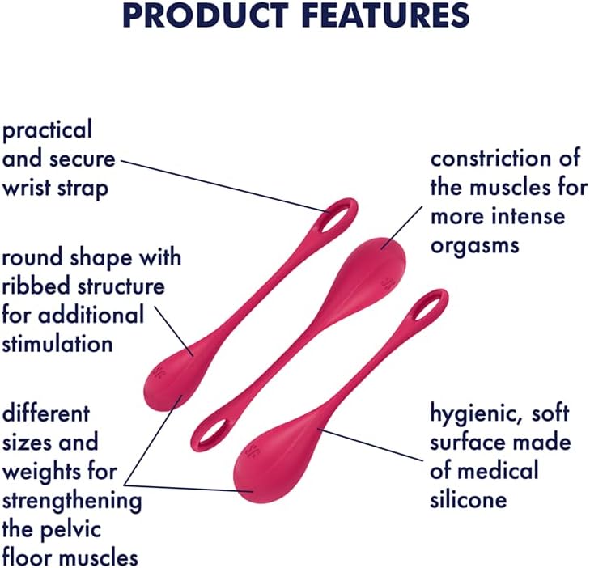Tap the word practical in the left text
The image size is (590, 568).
(x=48, y=130)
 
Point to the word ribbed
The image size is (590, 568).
(x=35, y=288)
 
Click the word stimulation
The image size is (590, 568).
(x=57, y=344)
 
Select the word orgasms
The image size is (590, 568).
(x=474, y=244)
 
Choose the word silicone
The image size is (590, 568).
(x=469, y=500)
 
